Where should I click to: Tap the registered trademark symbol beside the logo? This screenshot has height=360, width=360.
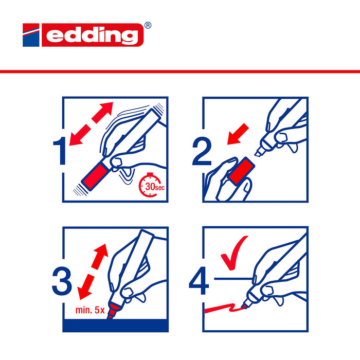click(148, 25)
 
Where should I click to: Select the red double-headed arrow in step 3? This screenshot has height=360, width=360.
click(94, 272)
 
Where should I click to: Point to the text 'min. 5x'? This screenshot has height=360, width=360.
click(89, 310)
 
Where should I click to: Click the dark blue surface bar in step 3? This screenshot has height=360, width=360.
click(115, 325)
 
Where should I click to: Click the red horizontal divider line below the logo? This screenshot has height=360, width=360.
click(180, 71)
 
